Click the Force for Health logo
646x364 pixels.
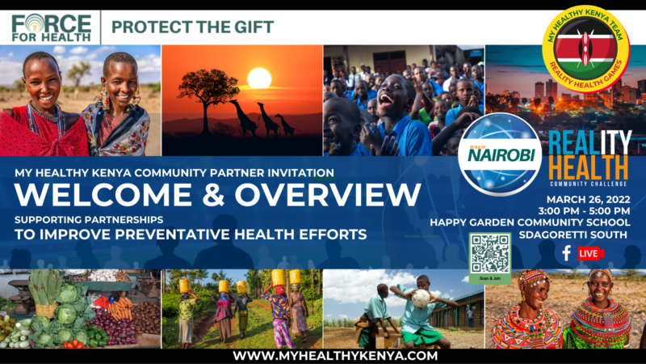tap(50, 28)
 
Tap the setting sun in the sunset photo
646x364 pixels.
tap(259, 78)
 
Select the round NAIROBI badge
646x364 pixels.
tap(498, 154)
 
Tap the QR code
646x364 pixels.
tap(490, 253)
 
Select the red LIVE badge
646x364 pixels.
tap(590, 253)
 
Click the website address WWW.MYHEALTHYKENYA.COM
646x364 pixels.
tap(323, 354)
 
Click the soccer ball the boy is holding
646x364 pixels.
tap(420, 298)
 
